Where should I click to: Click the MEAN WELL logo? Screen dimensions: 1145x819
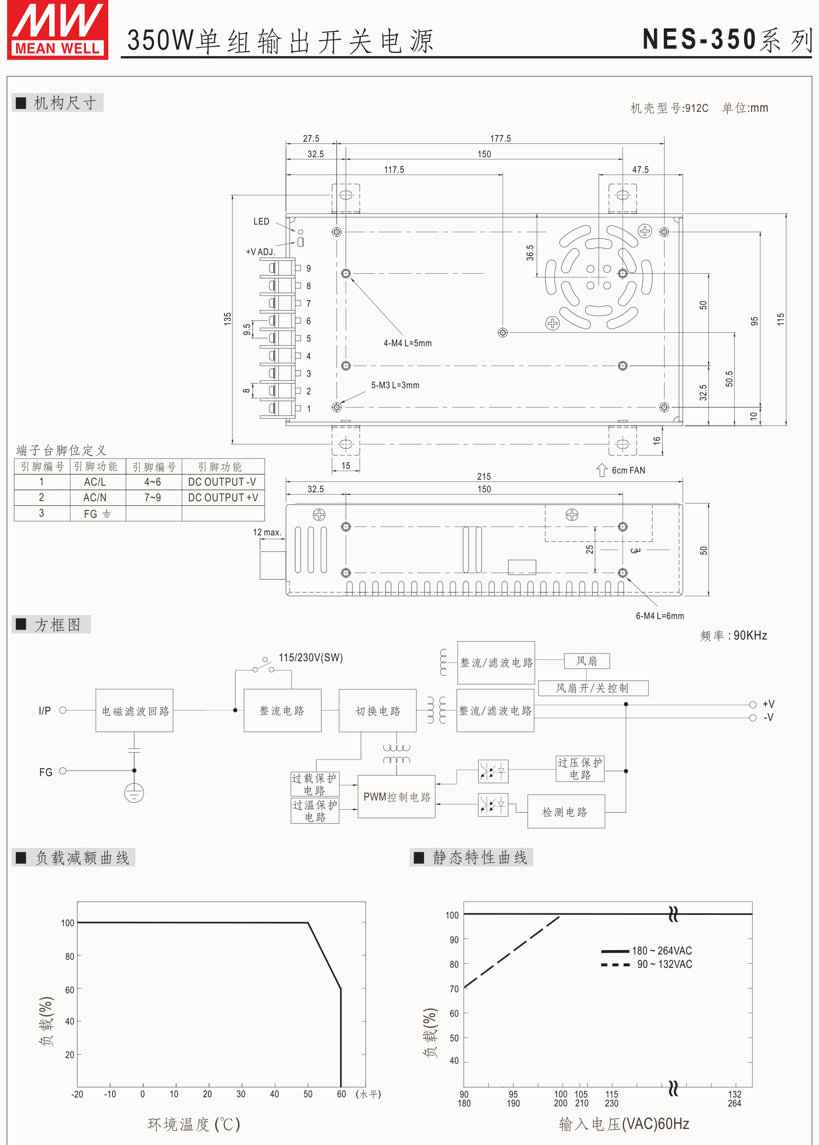pyautogui.click(x=58, y=30)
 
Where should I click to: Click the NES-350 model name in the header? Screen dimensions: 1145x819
pyautogui.click(x=699, y=39)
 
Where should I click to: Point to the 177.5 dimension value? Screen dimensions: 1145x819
pyautogui.click(x=500, y=138)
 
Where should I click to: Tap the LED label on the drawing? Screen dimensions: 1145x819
pyautogui.click(x=261, y=221)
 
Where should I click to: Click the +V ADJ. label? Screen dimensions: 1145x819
pyautogui.click(x=260, y=252)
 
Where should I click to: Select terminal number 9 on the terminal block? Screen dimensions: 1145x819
pyautogui.click(x=308, y=268)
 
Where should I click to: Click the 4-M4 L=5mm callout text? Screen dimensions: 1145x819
pyautogui.click(x=407, y=343)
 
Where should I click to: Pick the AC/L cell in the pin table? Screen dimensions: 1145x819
pyautogui.click(x=95, y=482)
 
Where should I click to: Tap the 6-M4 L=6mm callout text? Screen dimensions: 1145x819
pyautogui.click(x=659, y=615)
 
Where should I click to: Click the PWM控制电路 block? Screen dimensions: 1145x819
pyautogui.click(x=396, y=797)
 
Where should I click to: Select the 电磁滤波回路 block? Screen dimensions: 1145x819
pyautogui.click(x=135, y=710)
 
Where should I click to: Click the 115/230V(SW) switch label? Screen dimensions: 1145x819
pyautogui.click(x=310, y=657)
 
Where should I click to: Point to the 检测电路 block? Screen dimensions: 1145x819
pyautogui.click(x=565, y=812)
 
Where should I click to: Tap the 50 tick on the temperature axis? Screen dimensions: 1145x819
pyautogui.click(x=307, y=1094)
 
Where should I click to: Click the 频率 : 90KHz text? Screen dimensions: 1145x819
pyautogui.click(x=733, y=635)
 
